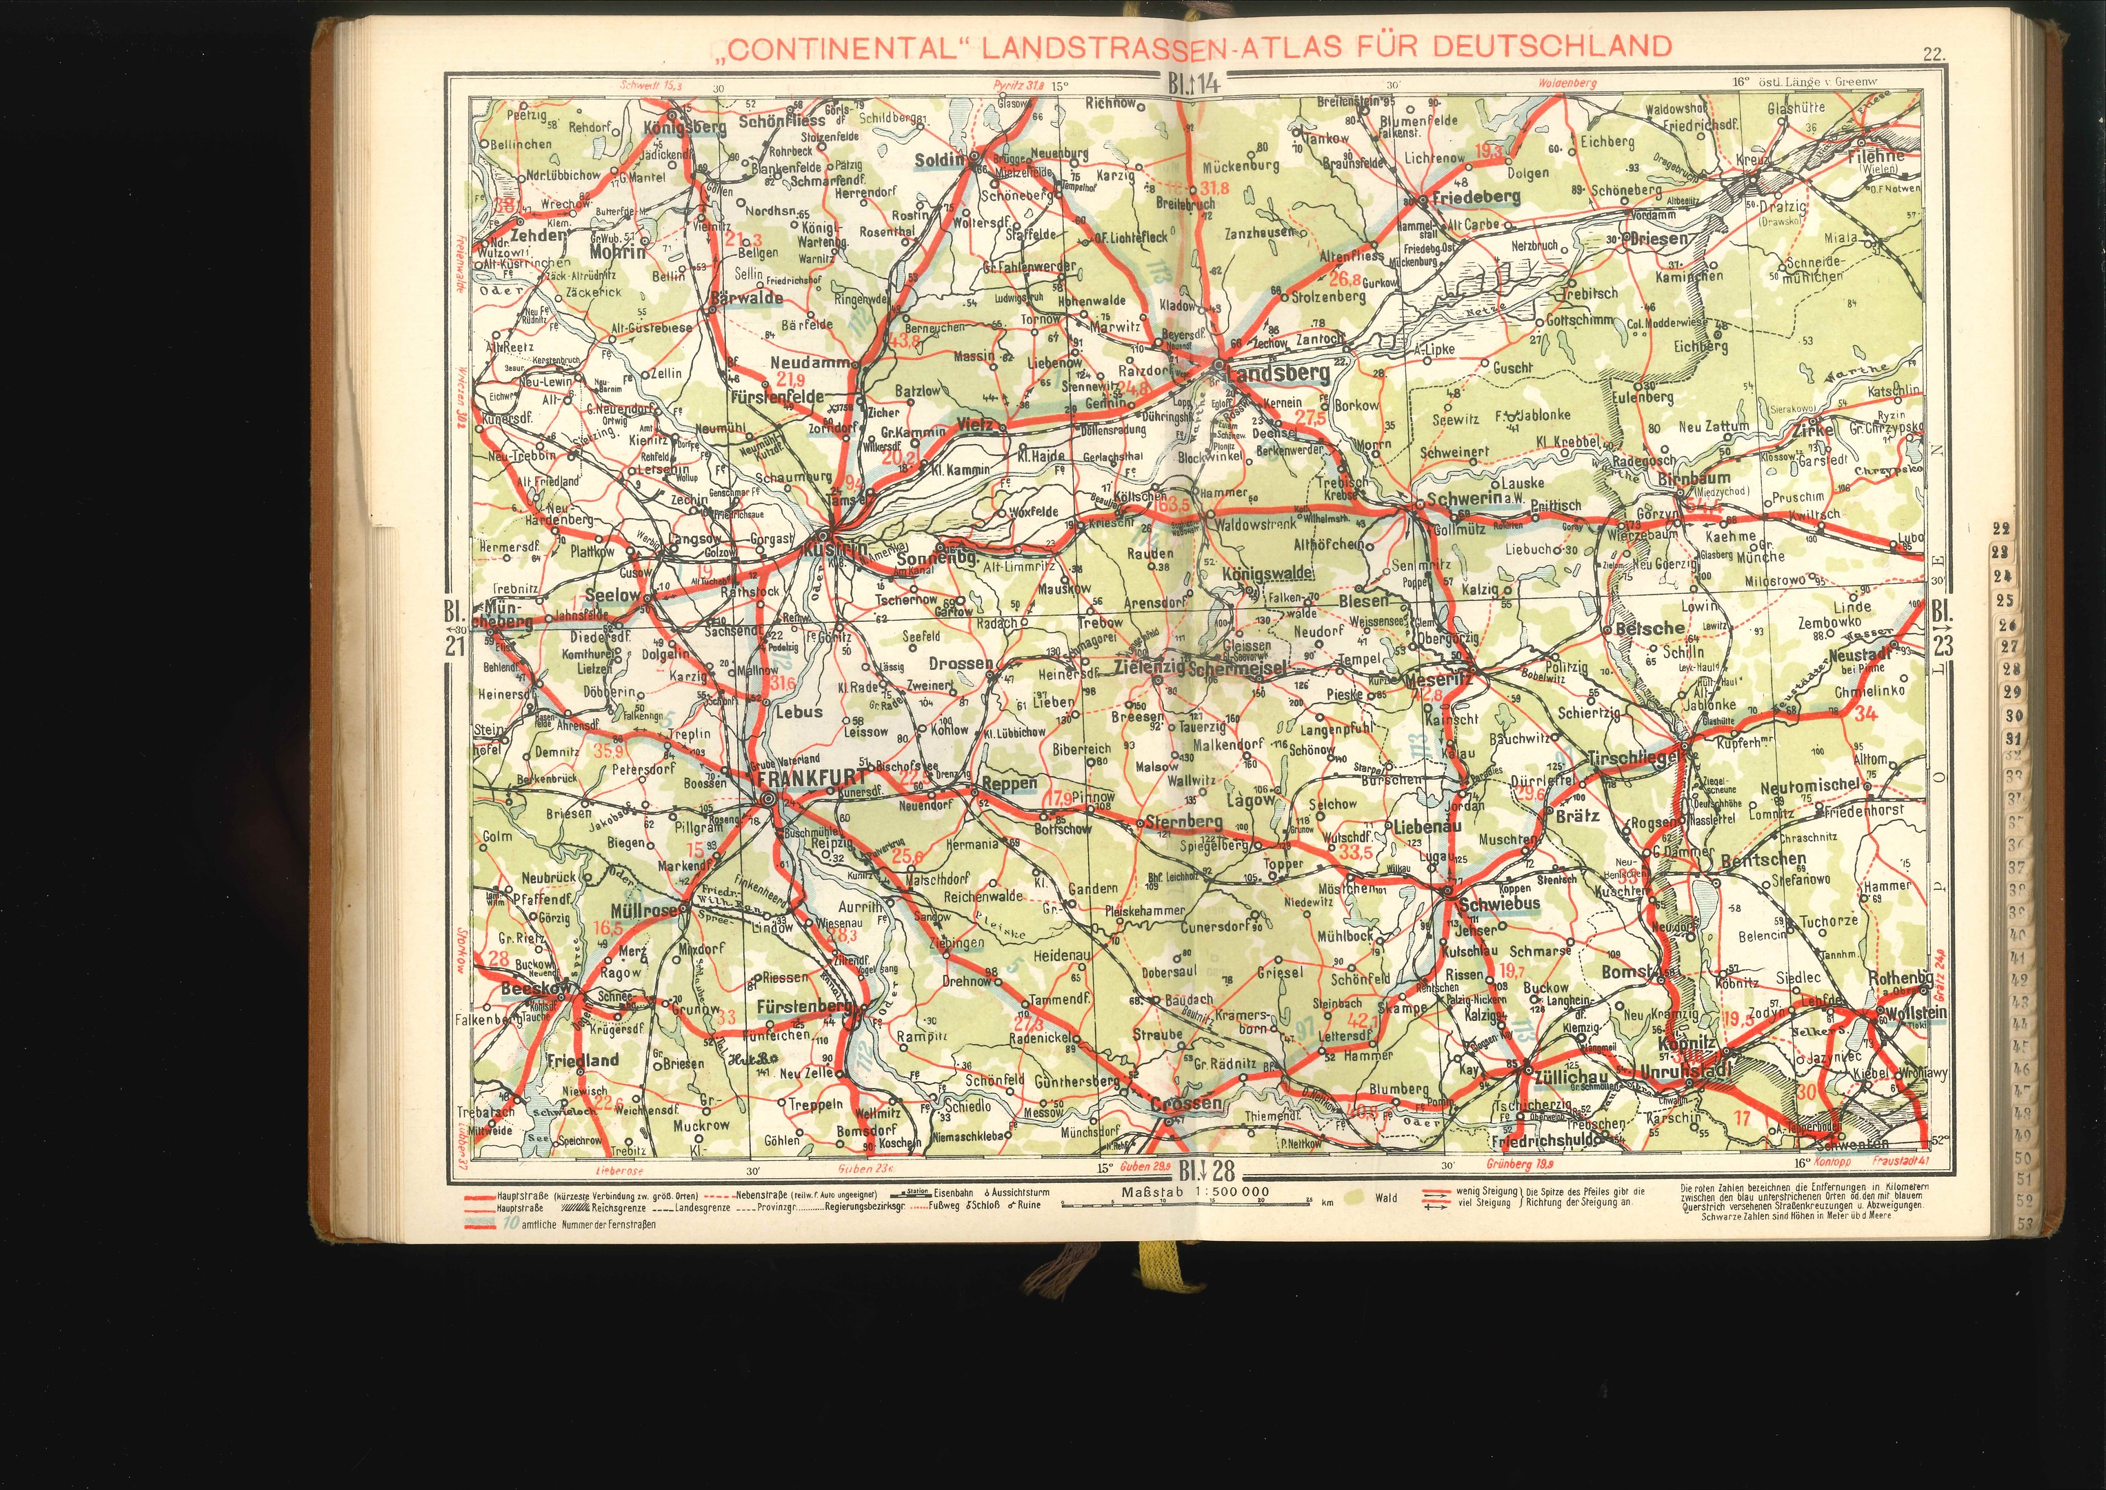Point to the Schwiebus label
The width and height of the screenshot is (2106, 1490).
[1498, 904]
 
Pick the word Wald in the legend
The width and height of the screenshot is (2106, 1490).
[1385, 1198]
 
